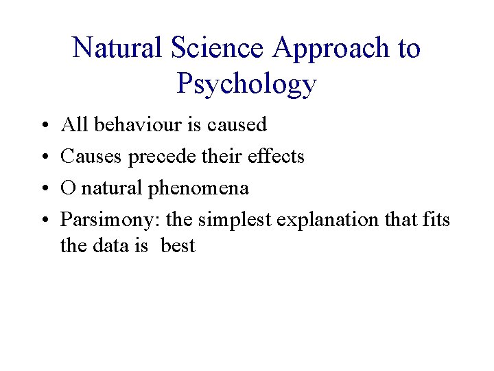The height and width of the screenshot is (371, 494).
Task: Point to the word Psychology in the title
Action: coord(246,84)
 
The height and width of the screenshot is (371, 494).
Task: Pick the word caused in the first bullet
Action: coord(237,125)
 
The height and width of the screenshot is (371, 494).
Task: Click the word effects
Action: coord(274,157)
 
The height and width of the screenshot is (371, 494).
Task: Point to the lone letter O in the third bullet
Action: coord(68,188)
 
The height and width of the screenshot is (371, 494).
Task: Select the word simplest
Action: coord(233,221)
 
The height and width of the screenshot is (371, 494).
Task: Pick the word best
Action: coord(178,245)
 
